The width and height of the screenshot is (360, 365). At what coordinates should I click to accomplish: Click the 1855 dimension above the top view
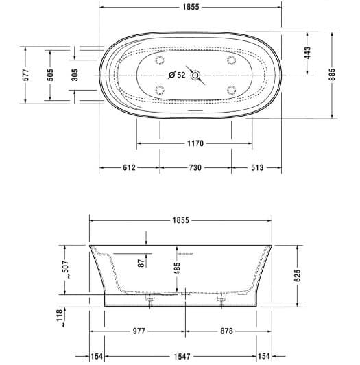click(191, 7)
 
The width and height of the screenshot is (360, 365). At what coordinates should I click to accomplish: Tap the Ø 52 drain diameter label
click(177, 75)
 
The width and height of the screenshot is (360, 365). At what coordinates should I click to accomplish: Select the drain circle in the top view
click(195, 75)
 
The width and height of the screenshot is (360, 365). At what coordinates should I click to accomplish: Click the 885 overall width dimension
click(332, 75)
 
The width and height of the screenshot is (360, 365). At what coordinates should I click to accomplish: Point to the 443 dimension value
click(307, 53)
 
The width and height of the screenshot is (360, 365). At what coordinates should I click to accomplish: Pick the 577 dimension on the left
click(25, 75)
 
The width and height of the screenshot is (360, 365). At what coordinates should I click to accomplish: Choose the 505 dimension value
click(50, 75)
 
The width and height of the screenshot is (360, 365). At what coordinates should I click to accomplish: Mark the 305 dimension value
click(75, 75)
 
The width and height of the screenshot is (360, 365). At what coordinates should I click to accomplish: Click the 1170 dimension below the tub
click(195, 143)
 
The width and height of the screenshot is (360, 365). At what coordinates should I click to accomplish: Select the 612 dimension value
click(129, 167)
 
